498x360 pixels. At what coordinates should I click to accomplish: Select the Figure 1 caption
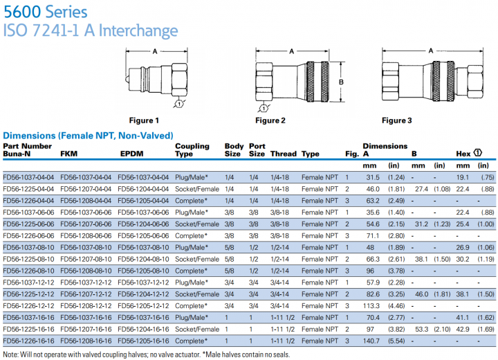[144, 120]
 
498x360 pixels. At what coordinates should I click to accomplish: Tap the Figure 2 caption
[270, 120]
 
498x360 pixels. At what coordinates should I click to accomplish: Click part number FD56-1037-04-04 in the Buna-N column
[29, 177]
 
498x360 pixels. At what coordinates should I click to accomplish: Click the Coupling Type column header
[192, 150]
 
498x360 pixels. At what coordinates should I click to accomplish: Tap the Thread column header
[284, 154]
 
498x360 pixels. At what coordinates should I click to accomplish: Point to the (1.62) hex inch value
[486, 318]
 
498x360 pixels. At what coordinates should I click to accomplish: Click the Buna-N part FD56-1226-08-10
[29, 271]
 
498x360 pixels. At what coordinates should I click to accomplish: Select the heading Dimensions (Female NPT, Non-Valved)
[88, 135]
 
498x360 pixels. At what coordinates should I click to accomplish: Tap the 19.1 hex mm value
[463, 177]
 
